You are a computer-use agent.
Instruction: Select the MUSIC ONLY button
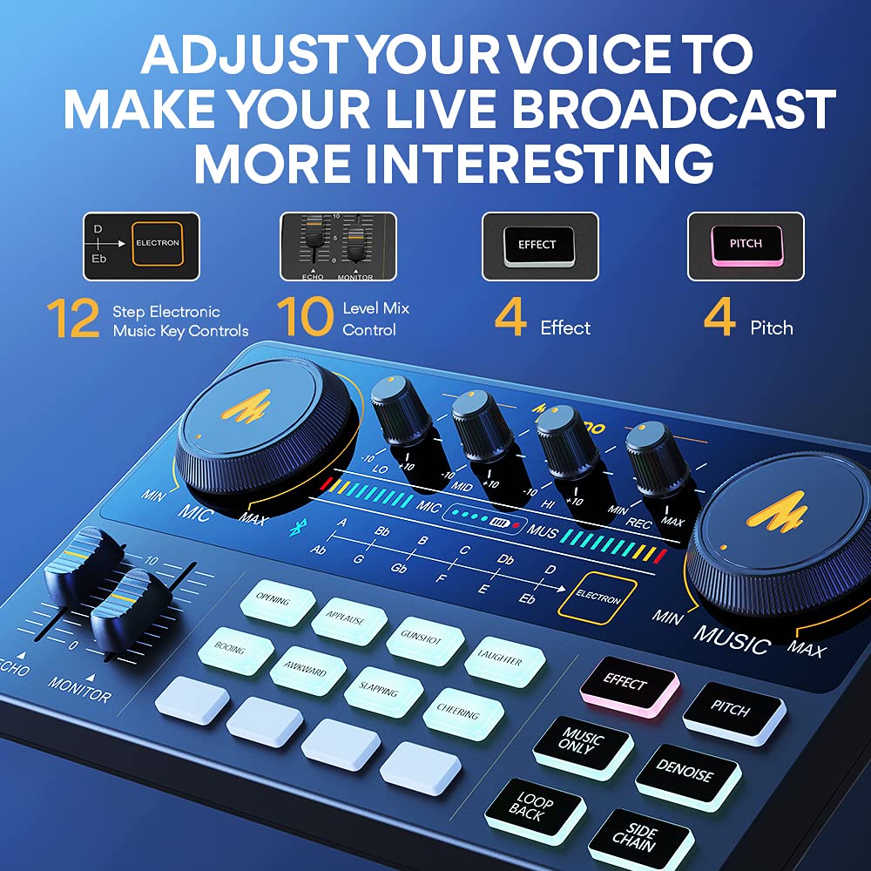pos(581,745)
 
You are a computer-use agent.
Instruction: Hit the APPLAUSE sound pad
pos(348,619)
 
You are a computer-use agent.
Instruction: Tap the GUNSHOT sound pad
pos(424,638)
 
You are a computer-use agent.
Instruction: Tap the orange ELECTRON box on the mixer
pos(597,598)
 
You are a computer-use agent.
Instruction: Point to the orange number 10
pos(305,318)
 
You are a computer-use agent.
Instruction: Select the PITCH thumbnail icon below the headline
pos(746,246)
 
